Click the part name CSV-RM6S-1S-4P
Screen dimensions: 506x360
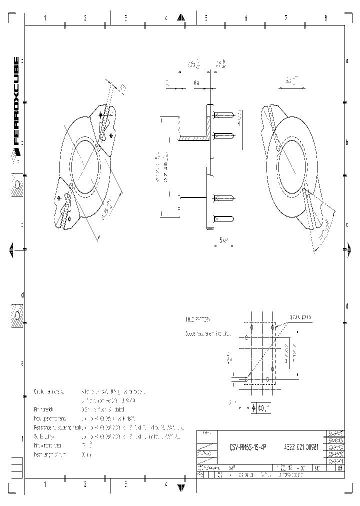(x=248, y=449)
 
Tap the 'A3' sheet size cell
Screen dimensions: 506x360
(x=339, y=468)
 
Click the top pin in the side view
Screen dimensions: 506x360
(x=224, y=115)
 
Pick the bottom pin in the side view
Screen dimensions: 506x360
(x=224, y=218)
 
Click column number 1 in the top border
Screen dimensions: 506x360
(x=45, y=18)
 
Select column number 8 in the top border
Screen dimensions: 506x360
(x=325, y=18)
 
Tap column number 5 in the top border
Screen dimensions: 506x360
(x=205, y=18)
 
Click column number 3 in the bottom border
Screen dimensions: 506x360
(x=125, y=484)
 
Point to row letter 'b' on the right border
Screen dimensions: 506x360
(x=347, y=142)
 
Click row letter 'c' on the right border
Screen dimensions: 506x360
(x=347, y=224)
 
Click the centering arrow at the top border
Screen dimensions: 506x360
(x=181, y=17)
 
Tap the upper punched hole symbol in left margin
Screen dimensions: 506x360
(x=17, y=185)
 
